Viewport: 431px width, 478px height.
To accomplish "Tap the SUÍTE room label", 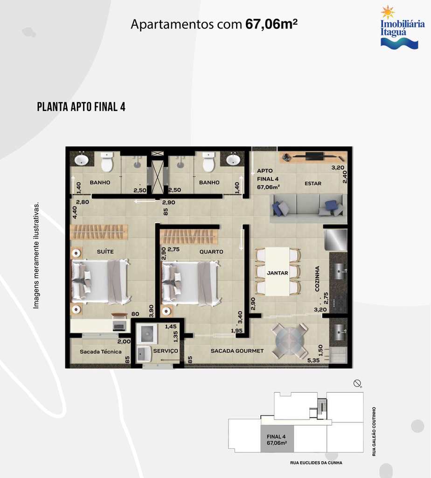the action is (x=105, y=252).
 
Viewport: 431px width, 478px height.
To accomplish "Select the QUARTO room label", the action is (x=211, y=252).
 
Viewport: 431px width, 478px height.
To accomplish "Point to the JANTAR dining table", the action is (x=277, y=271).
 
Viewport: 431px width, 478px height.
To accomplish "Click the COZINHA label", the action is (x=317, y=279).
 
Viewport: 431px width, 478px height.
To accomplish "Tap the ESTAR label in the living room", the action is (x=313, y=183).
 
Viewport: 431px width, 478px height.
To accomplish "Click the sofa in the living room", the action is (x=308, y=208).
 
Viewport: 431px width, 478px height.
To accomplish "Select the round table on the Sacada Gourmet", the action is (x=290, y=340).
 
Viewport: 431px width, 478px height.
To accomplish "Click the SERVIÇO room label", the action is (x=166, y=351).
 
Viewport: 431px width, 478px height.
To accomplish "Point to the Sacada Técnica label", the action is (x=100, y=351).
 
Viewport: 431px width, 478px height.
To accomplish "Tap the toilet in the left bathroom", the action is (x=107, y=162).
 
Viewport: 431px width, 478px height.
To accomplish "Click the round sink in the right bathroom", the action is (x=233, y=160).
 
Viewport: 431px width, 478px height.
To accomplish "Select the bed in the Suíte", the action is (x=100, y=281).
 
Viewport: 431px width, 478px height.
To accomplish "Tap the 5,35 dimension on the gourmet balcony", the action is (x=313, y=360).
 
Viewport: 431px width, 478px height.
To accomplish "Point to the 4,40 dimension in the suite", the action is (x=75, y=212).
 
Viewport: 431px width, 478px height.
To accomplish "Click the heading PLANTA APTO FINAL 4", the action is (x=81, y=107).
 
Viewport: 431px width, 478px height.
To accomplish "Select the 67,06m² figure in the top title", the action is (x=271, y=24).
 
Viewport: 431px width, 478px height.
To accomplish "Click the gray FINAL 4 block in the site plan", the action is (x=277, y=439).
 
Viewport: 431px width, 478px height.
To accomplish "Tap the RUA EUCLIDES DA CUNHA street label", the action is (x=316, y=463).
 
